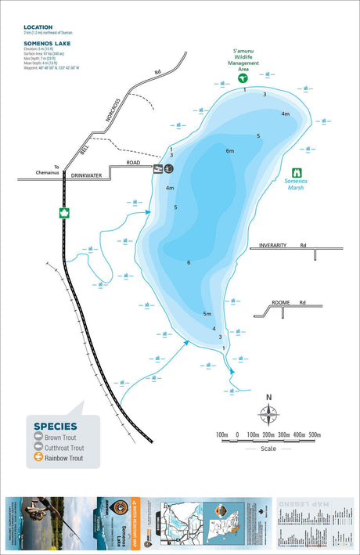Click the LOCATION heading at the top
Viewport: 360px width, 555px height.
[x=38, y=27]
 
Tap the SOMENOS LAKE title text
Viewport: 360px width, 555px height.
[x=47, y=43]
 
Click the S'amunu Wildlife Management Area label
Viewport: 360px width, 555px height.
[x=243, y=60]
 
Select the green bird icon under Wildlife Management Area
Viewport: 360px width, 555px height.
[x=243, y=77]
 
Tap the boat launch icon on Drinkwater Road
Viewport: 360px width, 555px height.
[x=169, y=168]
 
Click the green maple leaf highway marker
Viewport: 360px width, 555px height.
[x=63, y=212]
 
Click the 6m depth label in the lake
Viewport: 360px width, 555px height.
[x=230, y=151]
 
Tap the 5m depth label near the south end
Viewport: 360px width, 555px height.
[x=207, y=314]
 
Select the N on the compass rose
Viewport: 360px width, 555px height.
[x=268, y=396]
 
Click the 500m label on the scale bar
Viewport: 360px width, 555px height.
[x=315, y=434]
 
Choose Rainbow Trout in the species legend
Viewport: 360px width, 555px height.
[x=63, y=458]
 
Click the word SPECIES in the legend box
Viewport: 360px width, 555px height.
[x=56, y=427]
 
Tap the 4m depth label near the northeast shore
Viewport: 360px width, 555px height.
[x=286, y=114]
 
